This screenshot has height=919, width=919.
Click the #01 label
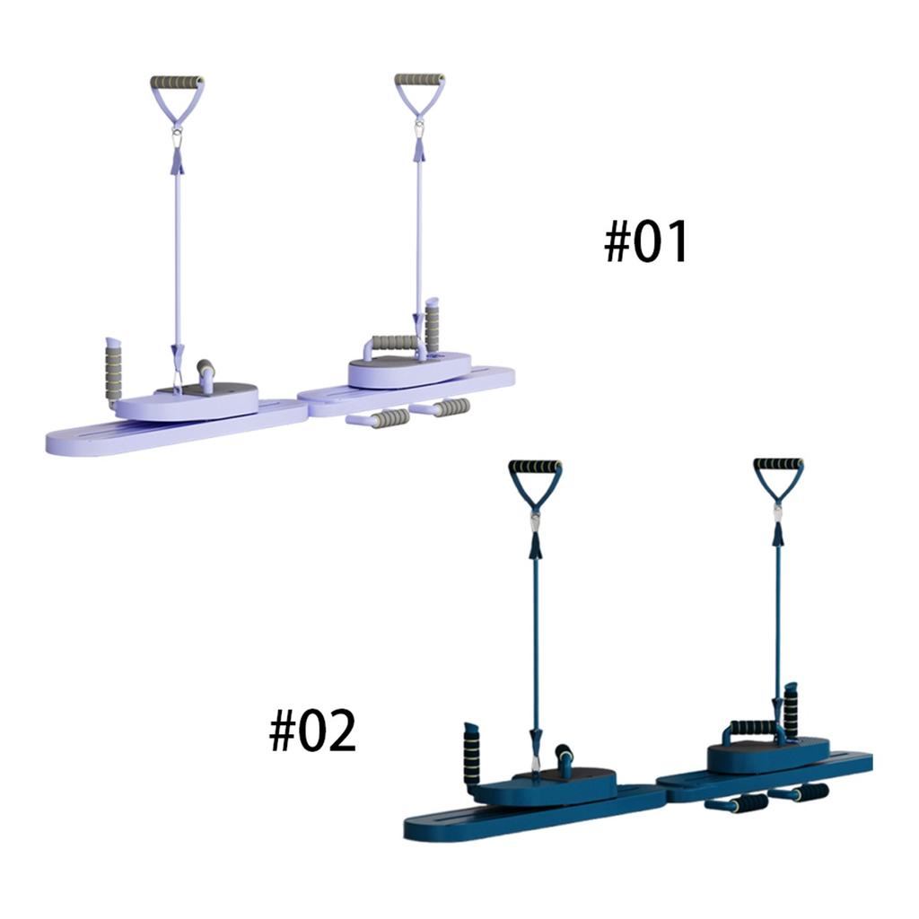click(x=646, y=242)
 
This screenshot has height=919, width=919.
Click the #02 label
click(x=312, y=731)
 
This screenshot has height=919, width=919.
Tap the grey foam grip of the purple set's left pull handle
click(x=177, y=82)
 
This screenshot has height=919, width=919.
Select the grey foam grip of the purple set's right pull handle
click(x=419, y=80)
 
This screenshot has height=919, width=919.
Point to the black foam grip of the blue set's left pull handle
click(x=535, y=466)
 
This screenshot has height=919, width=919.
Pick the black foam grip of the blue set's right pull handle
click(x=778, y=465)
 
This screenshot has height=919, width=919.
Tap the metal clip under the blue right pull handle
click(x=778, y=512)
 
